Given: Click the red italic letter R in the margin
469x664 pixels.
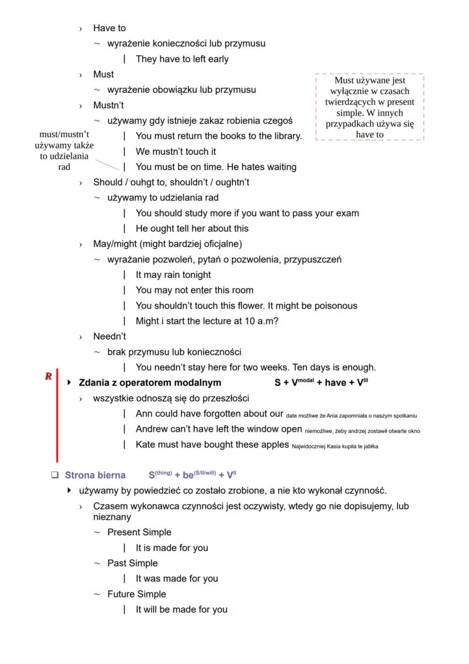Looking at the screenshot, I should [x=49, y=376].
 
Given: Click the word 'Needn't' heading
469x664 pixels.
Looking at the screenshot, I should [x=109, y=336].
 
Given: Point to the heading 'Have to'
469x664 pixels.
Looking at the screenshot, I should [x=109, y=28].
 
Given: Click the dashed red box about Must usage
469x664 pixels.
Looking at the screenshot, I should [x=369, y=107].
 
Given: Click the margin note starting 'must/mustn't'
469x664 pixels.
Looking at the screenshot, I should [x=64, y=151].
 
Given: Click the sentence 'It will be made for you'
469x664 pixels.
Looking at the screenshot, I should [x=181, y=610].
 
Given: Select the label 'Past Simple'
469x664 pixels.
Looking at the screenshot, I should [x=133, y=563].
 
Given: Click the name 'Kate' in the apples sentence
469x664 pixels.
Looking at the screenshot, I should [x=146, y=445].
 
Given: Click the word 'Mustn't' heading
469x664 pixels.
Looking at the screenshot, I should [x=109, y=105].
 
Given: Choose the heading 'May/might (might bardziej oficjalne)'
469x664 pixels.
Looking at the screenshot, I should [x=168, y=244].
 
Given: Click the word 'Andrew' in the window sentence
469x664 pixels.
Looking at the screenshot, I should [x=153, y=429].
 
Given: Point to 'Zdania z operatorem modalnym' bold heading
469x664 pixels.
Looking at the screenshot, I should [x=150, y=382].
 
